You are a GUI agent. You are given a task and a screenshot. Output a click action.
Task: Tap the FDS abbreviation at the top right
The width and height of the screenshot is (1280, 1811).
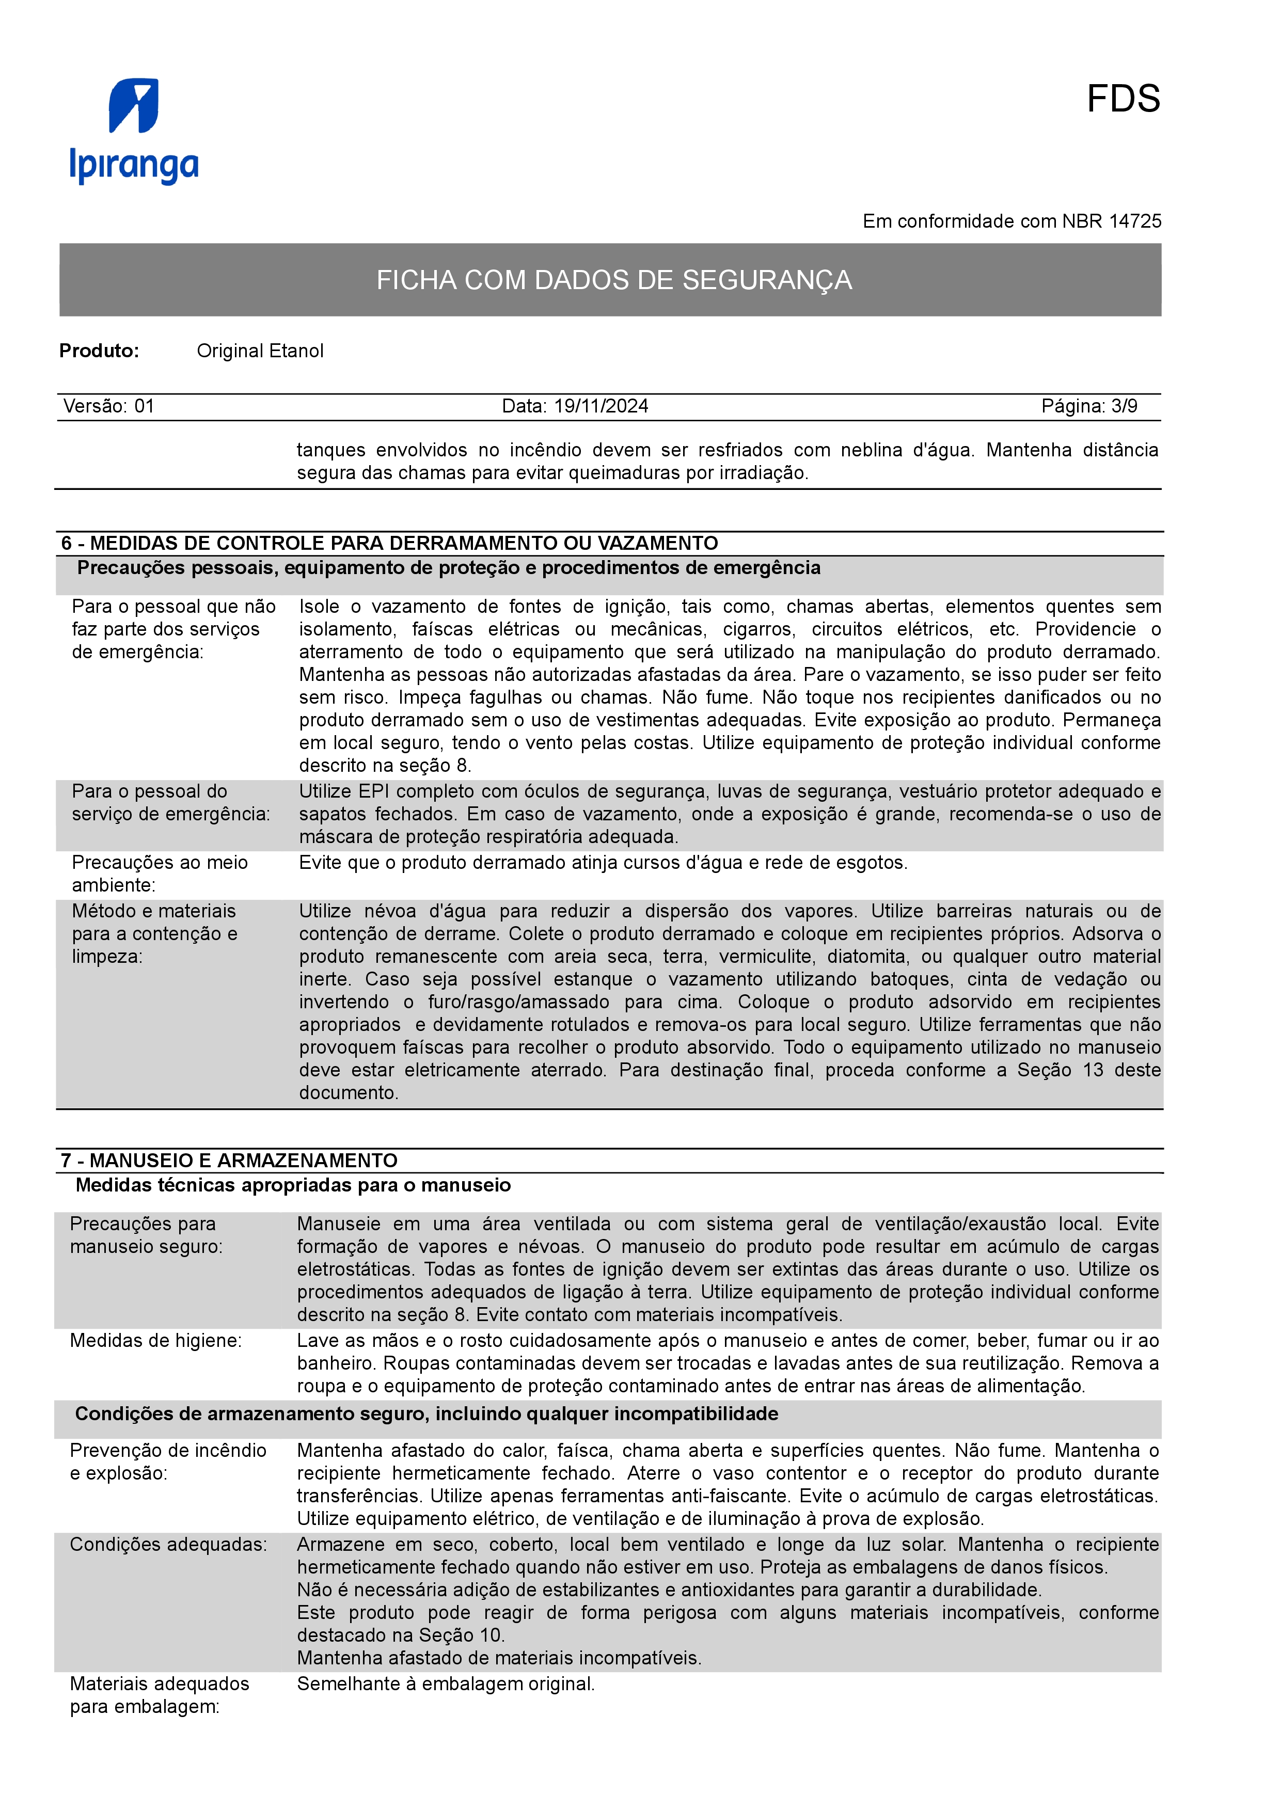[x=1123, y=100]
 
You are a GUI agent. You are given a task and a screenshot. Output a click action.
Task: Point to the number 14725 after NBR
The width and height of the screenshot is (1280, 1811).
[x=1135, y=221]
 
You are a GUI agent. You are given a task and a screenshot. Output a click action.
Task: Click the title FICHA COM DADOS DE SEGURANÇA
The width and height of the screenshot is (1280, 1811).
[x=613, y=280]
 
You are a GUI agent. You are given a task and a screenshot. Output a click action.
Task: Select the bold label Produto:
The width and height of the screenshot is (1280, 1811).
[x=99, y=351]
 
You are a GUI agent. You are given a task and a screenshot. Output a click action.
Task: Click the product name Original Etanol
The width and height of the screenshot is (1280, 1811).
[x=260, y=351]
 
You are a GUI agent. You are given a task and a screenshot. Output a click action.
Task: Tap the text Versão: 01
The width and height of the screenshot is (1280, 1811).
[x=109, y=406]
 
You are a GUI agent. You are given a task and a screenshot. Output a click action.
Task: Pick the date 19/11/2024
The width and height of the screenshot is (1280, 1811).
[x=601, y=406]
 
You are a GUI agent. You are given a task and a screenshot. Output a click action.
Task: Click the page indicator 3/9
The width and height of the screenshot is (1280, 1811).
[x=1124, y=406]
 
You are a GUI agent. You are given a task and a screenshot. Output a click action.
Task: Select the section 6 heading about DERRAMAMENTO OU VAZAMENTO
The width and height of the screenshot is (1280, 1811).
[x=390, y=544]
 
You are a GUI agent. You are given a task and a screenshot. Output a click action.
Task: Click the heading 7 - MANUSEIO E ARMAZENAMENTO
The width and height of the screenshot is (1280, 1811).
[x=229, y=1161]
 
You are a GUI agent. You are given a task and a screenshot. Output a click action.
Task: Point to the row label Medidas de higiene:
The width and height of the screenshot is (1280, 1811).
[x=155, y=1341]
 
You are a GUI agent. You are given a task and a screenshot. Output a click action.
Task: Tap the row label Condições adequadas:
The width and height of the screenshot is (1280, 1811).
[x=168, y=1545]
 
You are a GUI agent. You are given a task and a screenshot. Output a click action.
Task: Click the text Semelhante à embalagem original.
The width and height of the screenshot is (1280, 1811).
[x=446, y=1684]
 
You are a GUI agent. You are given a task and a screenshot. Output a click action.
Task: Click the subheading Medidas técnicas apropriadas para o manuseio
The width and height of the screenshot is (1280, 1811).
[x=293, y=1185]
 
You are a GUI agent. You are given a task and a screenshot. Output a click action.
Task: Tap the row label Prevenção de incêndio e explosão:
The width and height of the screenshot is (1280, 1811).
[x=168, y=1461]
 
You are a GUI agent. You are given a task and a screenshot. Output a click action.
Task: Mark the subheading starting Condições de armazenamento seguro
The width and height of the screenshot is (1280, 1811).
[x=426, y=1413]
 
